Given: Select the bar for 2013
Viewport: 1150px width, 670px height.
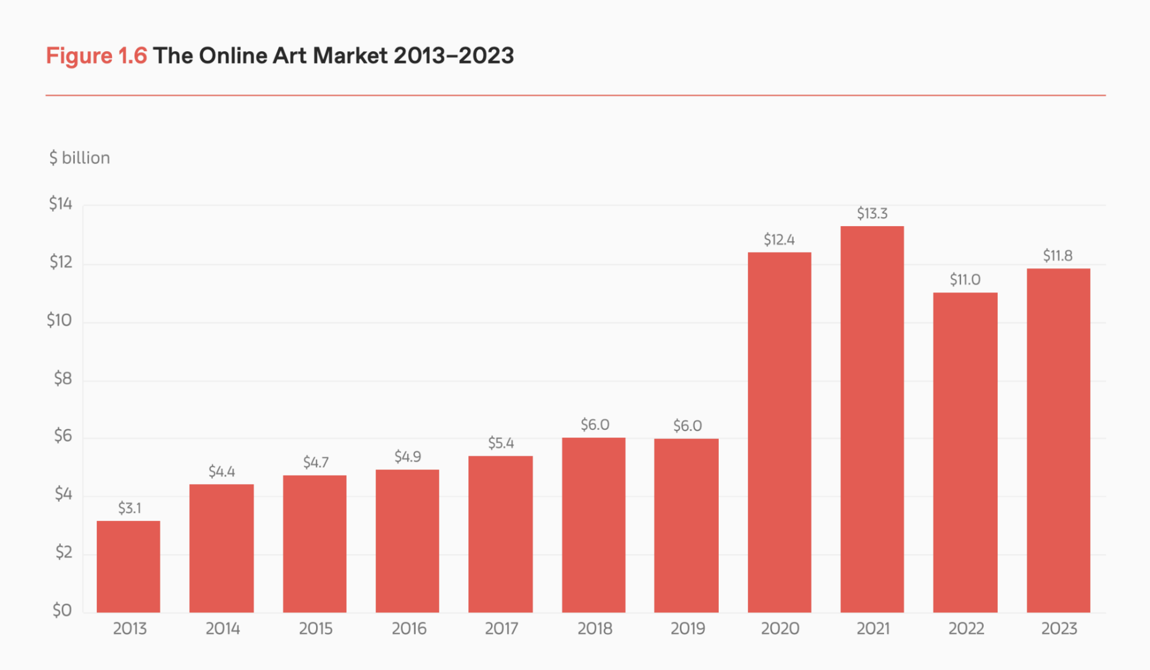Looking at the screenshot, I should tap(129, 567).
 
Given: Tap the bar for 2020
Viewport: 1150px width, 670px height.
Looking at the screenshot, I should tap(779, 432).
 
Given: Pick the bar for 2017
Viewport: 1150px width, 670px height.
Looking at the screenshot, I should tap(501, 534).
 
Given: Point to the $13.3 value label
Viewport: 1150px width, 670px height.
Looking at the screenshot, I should tap(872, 214).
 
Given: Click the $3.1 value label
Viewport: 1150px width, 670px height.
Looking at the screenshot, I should tap(130, 508).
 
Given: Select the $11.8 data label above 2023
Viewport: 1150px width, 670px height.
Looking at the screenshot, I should tap(1058, 255).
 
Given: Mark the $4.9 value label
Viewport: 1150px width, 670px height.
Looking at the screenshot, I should tap(408, 457).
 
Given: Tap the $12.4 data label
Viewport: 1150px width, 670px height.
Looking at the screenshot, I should tap(779, 240).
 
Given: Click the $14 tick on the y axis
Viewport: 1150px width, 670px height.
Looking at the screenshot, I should tap(60, 204).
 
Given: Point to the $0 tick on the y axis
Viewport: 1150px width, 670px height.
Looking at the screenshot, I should tap(62, 610).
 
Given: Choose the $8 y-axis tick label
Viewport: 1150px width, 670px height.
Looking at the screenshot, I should tap(62, 379).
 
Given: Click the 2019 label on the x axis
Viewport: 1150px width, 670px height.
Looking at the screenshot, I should tap(688, 629).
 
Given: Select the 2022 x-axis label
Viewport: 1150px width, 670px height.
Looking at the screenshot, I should tap(966, 629).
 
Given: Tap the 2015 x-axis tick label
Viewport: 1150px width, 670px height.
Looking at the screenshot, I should tap(315, 629).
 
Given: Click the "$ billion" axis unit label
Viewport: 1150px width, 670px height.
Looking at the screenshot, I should tap(80, 158).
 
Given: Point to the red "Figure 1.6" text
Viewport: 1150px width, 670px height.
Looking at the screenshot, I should tap(96, 55).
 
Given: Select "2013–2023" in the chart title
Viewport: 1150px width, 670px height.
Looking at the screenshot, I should tap(453, 55).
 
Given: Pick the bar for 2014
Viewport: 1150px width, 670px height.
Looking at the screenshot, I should tap(221, 548).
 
